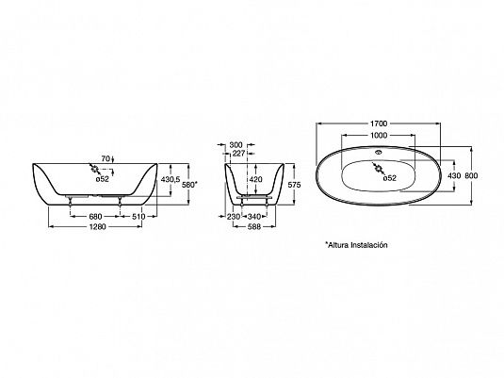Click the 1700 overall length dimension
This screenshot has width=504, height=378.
[x=379, y=123]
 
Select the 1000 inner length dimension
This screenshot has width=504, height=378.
[x=379, y=136]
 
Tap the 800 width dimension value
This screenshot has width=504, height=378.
[x=471, y=175]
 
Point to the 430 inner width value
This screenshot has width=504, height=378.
[x=454, y=175]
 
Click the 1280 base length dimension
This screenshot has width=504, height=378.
[x=97, y=227]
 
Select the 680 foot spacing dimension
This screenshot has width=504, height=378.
[x=95, y=217]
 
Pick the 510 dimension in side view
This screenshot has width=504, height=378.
[x=138, y=217]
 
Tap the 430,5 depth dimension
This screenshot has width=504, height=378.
[x=171, y=179]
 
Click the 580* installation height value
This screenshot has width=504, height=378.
[x=189, y=185]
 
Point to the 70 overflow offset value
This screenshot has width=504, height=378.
[x=106, y=158]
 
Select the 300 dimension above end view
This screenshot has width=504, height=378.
[x=236, y=145]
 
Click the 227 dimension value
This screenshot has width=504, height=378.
[x=238, y=154]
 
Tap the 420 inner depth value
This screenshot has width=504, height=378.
[x=256, y=179]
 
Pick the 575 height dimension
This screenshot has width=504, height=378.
[x=295, y=185]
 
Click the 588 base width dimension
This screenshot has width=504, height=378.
[x=253, y=227]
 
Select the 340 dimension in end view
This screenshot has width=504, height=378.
[x=254, y=217]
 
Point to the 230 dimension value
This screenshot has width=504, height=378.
[x=234, y=217]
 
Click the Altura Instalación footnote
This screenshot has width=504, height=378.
[x=356, y=245]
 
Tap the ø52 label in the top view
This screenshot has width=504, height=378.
[x=390, y=178]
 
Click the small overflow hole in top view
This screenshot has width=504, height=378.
[x=379, y=152]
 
